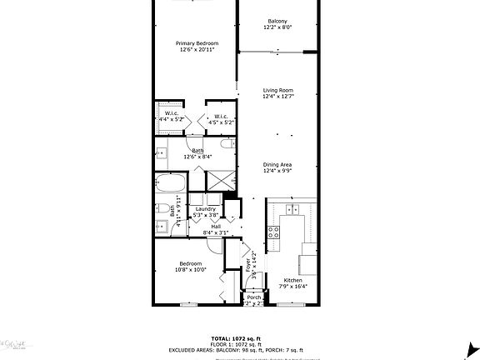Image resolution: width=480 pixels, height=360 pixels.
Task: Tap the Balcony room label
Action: coord(277,21)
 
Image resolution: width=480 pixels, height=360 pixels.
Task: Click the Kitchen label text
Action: coord(293,282)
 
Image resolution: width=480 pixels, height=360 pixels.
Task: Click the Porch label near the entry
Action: coord(253,298)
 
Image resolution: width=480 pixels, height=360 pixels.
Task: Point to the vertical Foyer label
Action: coord(248,265)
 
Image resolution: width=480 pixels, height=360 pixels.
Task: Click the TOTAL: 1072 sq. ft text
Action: coord(240,337)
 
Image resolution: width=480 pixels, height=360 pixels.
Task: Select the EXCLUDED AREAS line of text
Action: coord(240,349)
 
